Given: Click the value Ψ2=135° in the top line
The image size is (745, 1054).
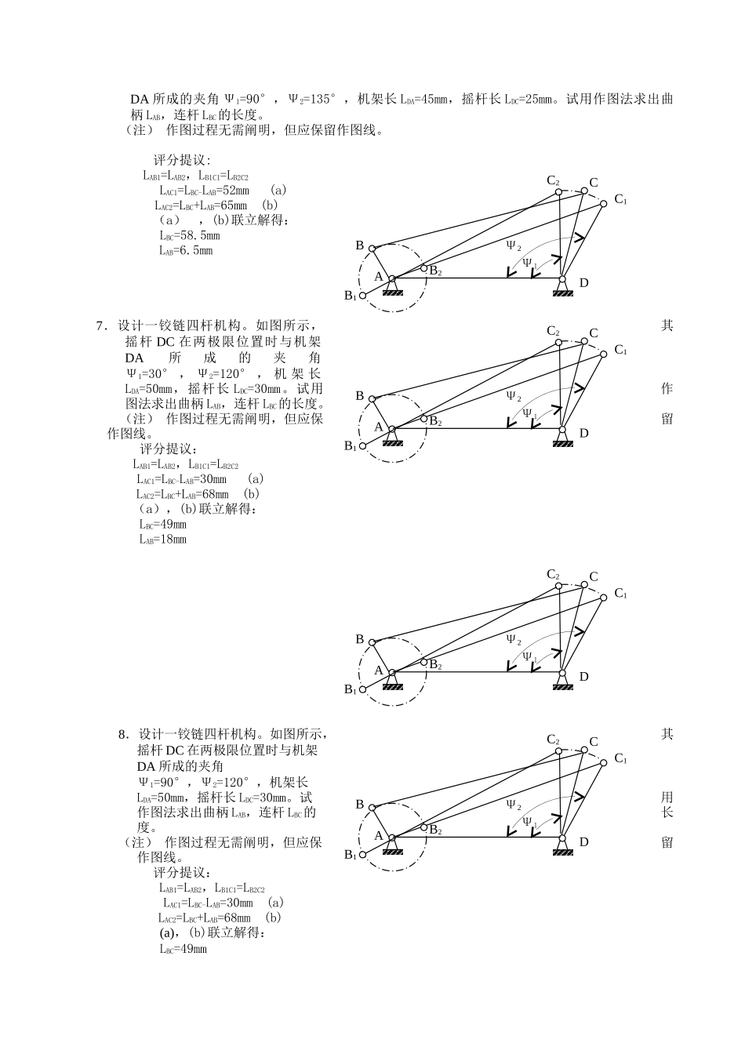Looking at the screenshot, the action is coord(312,100).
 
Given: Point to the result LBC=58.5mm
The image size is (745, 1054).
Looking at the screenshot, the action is coord(189,235).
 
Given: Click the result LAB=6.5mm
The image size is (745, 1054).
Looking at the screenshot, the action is coord(185,251).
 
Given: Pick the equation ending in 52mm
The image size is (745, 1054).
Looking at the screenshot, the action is coord(204,191).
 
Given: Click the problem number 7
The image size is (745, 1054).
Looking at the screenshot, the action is coord(100,325).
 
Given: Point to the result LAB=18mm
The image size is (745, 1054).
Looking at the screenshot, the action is coord(163,540).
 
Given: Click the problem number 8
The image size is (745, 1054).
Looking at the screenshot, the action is coord(123,735).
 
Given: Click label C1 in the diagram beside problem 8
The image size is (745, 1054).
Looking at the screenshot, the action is coord(620,758).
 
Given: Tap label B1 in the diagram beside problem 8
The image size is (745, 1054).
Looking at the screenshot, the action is coord(351,855).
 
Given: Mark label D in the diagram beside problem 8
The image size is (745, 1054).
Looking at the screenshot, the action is coord(583,841).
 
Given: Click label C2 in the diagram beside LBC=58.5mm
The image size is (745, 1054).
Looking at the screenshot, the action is coord(553,181).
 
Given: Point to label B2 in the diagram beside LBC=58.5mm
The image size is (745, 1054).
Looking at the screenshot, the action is coord(435,272).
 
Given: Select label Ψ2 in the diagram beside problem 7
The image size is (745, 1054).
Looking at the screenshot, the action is coord(514,396).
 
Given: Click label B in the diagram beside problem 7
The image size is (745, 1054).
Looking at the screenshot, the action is coord(360,396).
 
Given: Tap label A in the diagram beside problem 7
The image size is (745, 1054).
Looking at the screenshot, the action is coord(379,427).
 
